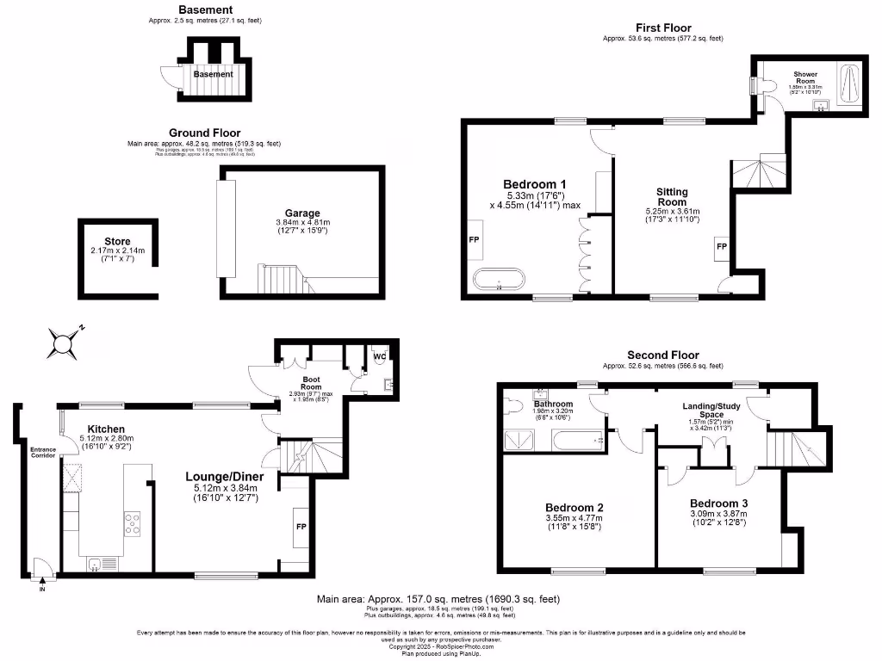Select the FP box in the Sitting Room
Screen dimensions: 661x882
(721, 250)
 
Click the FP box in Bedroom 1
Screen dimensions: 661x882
(474, 239)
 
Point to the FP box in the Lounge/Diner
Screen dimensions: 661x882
(301, 525)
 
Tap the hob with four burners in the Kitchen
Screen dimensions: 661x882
(134, 524)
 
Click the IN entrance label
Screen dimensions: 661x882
(41, 590)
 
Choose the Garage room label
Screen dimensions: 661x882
(302, 213)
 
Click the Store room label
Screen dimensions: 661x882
(117, 241)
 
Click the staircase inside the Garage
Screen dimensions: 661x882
(279, 279)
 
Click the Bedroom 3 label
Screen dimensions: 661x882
(718, 503)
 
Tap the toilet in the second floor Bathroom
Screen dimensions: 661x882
(513, 404)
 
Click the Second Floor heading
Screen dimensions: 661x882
(662, 355)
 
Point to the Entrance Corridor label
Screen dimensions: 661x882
(43, 452)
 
